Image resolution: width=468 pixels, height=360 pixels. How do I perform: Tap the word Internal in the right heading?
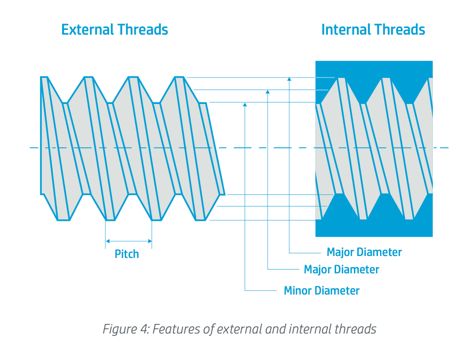[x=346, y=29]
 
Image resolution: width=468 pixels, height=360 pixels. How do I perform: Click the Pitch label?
[x=127, y=254]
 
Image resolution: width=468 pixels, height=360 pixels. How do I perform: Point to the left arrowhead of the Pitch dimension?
[x=108, y=241]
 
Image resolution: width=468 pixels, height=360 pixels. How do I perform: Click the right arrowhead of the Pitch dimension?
[x=150, y=241]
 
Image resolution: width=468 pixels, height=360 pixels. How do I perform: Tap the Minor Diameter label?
[x=322, y=291]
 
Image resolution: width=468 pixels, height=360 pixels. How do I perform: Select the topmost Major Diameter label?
[x=364, y=252]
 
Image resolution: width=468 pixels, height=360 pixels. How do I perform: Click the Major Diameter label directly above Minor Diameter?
[x=341, y=270]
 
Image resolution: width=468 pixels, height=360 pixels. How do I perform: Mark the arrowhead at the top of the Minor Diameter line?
[x=245, y=104]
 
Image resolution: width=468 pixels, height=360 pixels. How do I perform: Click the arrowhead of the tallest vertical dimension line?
[x=289, y=79]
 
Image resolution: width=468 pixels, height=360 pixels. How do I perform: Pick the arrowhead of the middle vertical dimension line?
[x=268, y=92]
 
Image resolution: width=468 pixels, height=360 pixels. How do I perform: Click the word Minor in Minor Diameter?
[x=297, y=291]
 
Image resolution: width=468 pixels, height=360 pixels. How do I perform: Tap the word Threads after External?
[x=143, y=29]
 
